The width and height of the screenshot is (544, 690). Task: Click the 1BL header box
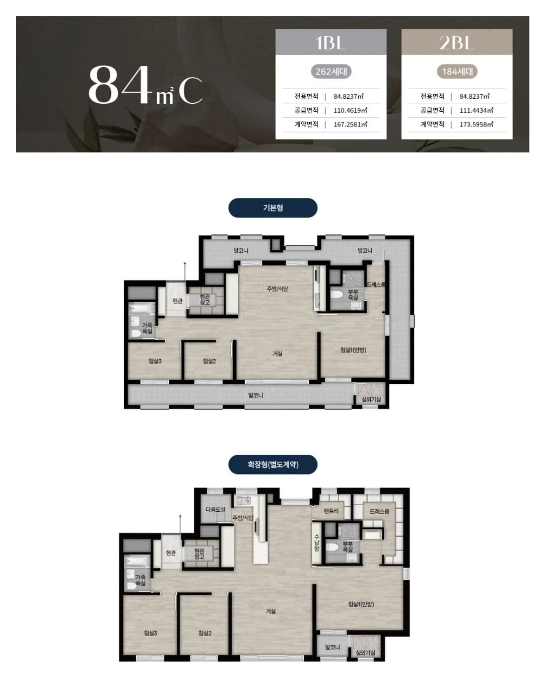point(331,42)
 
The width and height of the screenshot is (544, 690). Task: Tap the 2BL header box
point(457,42)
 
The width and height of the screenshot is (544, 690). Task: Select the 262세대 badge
point(331,72)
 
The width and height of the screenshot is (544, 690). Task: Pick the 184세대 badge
point(457,72)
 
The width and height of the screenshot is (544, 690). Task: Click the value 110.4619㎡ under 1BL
point(350,110)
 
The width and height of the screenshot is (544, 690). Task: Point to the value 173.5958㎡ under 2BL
point(476,124)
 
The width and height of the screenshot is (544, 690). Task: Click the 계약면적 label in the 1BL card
point(306,124)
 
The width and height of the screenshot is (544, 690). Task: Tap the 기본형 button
point(273,208)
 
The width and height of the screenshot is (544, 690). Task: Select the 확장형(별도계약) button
point(273,464)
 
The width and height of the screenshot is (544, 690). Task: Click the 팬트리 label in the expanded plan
point(331,511)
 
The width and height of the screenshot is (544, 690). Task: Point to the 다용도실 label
point(216,510)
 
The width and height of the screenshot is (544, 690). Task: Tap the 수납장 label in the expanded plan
point(317,543)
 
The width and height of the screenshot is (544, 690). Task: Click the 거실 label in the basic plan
point(278,354)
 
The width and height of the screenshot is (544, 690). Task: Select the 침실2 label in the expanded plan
point(205,633)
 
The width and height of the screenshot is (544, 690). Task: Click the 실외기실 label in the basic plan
point(371,399)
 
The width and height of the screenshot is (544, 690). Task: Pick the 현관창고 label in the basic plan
point(205,300)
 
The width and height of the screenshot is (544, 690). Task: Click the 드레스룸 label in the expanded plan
point(379,511)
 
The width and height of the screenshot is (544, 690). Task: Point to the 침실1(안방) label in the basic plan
point(353,350)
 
